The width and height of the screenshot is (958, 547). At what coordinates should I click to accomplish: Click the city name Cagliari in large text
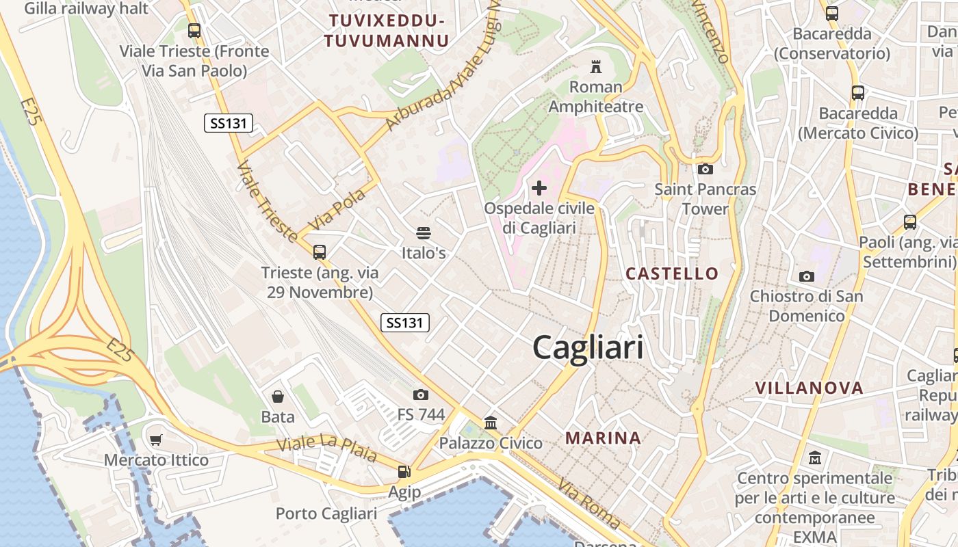point(588,347)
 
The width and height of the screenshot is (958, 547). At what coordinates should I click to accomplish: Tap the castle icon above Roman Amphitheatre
point(596,67)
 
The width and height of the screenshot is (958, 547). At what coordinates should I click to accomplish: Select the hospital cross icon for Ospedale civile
point(539,187)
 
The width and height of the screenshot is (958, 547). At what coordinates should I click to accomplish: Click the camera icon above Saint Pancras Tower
point(705,169)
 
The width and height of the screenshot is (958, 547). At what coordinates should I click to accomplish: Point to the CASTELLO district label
point(672,273)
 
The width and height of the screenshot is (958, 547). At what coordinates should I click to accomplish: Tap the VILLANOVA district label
point(809,388)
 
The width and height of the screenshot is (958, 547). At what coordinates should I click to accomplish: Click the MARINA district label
point(603,438)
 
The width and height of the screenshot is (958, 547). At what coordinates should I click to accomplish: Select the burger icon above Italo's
point(424,233)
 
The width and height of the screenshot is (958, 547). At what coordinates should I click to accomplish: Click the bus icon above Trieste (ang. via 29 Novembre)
point(320,252)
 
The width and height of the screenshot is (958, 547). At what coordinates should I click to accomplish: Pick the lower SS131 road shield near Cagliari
point(404,323)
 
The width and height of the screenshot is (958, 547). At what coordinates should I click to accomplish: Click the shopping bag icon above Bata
point(278,397)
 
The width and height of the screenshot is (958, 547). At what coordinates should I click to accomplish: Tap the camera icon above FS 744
point(421,395)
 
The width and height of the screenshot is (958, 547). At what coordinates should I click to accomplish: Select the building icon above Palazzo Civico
point(491,423)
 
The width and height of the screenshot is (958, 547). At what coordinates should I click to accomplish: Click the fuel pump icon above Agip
point(404,472)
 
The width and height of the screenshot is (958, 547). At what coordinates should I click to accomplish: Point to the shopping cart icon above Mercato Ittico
point(156,440)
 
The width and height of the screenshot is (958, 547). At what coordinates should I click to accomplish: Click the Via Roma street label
point(588,505)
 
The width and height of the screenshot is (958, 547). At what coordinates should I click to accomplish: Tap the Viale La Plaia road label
point(326,448)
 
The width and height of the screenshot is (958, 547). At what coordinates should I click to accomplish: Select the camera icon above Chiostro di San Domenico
point(807,276)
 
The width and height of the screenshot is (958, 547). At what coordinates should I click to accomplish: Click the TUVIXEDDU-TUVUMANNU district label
point(387,31)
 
